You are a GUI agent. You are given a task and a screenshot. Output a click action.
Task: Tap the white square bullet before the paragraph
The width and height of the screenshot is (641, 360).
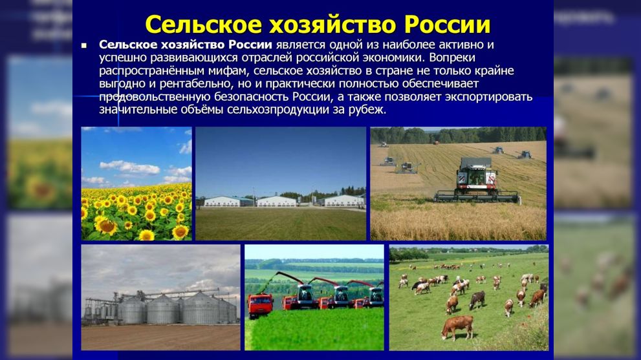[83, 46]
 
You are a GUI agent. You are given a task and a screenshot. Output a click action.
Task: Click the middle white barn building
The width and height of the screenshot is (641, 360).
[276, 201]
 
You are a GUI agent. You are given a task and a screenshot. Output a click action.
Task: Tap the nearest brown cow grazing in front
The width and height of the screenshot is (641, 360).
[457, 326]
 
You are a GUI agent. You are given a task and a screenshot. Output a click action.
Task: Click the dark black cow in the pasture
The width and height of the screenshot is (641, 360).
[478, 298]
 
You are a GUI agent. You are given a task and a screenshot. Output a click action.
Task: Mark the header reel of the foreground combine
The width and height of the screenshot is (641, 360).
[477, 194]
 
